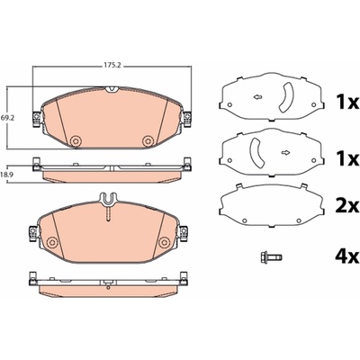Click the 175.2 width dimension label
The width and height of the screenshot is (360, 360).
tap(112, 65)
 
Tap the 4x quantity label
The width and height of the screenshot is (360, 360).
tap(346, 256)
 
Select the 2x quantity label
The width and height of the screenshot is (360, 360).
tap(346, 206)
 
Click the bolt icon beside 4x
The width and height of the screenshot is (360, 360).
tap(271, 256)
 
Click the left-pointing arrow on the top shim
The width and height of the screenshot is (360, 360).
tap(257, 97)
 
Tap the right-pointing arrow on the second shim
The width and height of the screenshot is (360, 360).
tap(286, 153)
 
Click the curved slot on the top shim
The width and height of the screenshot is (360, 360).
tap(287, 97)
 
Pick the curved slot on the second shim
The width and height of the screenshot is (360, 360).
tap(256, 152)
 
